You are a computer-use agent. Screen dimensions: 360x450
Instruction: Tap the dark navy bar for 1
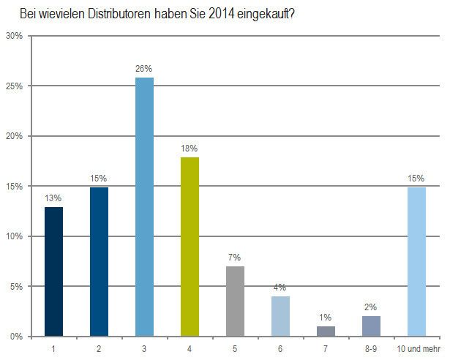53,271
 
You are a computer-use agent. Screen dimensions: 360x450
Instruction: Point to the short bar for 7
326,331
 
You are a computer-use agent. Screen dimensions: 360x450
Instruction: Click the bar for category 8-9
371,326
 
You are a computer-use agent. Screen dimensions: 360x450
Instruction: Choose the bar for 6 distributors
280,316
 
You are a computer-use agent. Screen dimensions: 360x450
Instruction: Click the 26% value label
144,68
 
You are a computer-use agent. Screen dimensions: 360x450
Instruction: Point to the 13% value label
53,198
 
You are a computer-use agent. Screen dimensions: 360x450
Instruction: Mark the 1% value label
326,317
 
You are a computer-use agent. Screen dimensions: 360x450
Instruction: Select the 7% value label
235,258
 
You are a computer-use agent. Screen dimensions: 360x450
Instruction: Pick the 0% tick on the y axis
17,337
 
